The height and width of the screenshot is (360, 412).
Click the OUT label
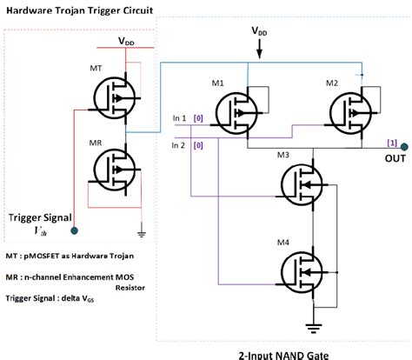[395, 158]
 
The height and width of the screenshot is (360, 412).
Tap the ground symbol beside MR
[140, 231]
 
